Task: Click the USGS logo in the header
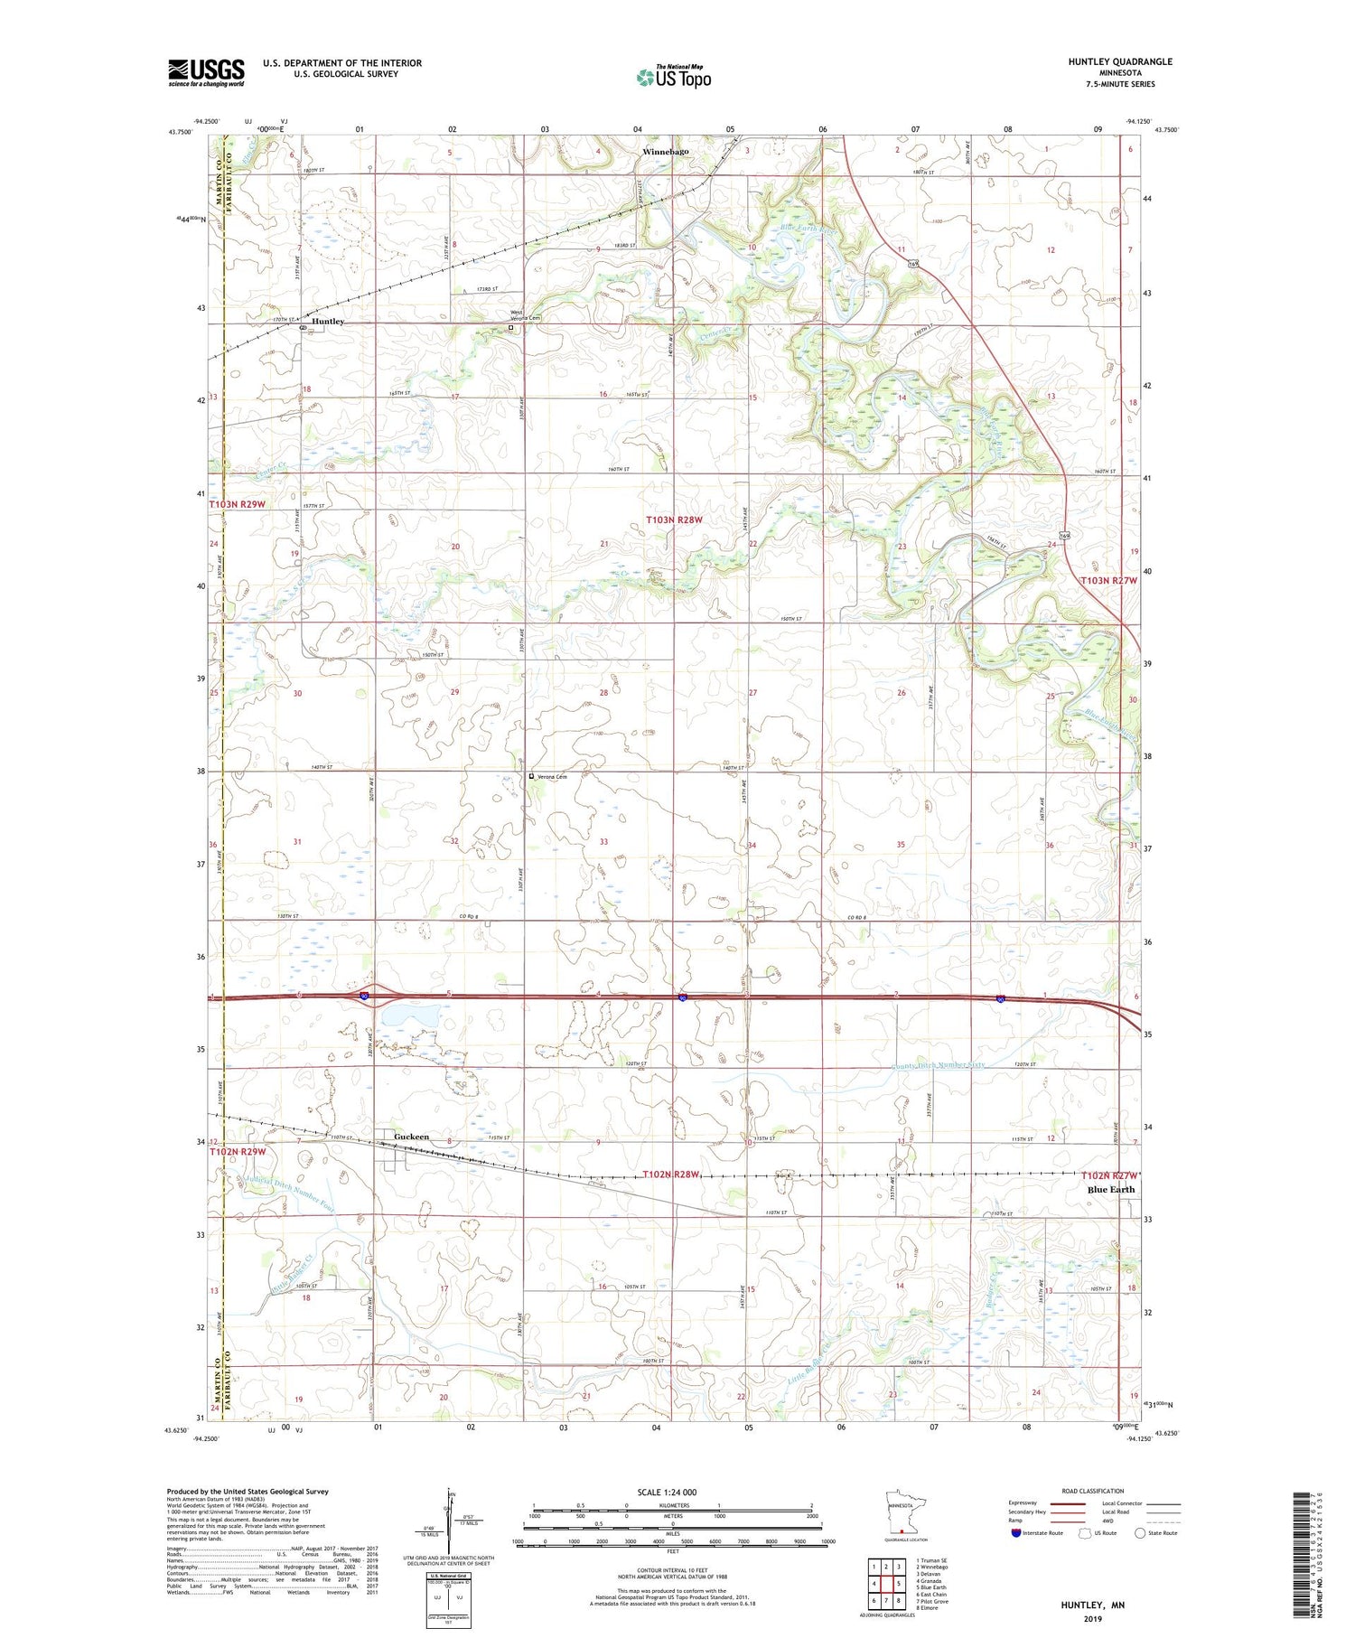pos(206,72)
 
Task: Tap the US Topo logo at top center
pos(673,78)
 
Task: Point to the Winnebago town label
pos(666,152)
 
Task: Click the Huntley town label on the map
pos(328,322)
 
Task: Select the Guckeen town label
pos(412,1137)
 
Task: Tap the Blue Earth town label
pos(1110,1189)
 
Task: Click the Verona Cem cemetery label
pos(553,777)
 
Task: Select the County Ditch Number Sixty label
pos(938,1065)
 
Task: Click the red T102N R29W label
pos(238,1152)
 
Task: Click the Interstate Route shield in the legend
pos(1016,1532)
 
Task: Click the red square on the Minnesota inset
pos(902,1531)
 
